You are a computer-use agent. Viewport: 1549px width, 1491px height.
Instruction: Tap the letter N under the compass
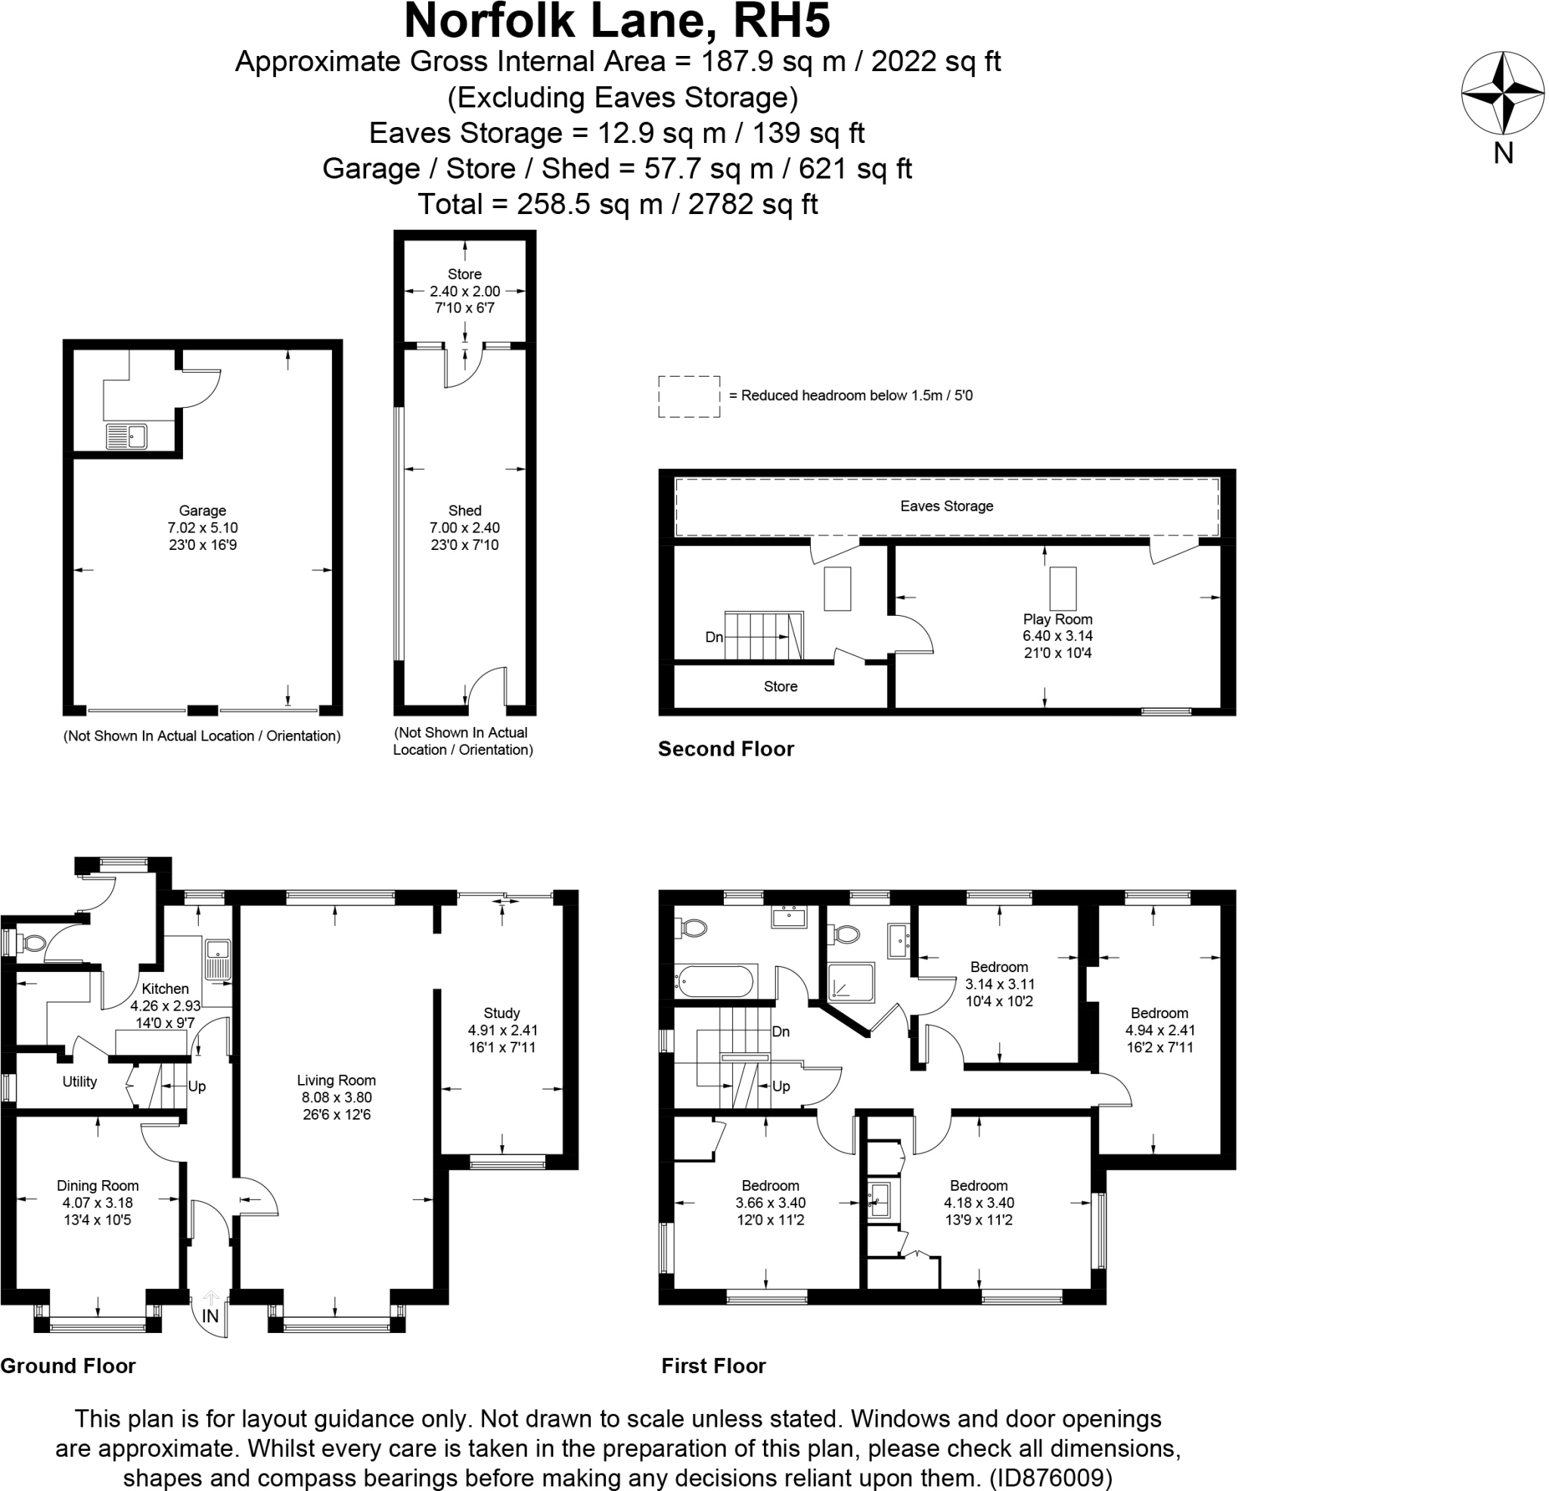pos(1503,153)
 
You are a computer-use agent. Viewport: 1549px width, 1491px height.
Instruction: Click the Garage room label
pos(202,511)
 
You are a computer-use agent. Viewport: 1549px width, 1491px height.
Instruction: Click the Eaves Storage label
pos(946,506)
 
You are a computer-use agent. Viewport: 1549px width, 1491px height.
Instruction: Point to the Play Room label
pos(1057,619)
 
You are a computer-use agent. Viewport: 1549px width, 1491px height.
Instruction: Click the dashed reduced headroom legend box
pos(688,396)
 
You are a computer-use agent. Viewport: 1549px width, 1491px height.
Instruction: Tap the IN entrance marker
pos(210,1316)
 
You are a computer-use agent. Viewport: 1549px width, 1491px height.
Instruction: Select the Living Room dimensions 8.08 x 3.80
pos(336,1098)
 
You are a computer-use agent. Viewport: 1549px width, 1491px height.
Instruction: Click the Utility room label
pos(80,1082)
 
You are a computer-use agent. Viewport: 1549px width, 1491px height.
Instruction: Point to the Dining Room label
pos(98,1185)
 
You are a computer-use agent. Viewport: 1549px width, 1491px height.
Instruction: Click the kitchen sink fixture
pos(217,960)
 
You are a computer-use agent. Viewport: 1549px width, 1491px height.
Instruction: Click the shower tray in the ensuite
pos(850,983)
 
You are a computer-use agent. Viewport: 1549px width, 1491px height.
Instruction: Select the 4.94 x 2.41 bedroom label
pos(1159,1030)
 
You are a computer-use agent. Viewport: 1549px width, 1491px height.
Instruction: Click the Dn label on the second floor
pos(714,637)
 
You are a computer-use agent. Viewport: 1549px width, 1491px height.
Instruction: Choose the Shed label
pos(464,511)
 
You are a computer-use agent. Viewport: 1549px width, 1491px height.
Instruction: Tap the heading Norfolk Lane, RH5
pos(617,20)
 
